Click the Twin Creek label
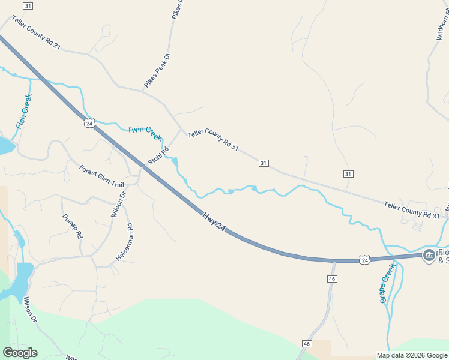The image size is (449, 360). pyautogui.click(x=145, y=133)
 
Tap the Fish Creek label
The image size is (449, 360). pyautogui.click(x=23, y=112)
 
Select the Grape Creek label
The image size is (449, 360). pyautogui.click(x=387, y=283)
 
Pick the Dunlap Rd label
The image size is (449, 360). pyautogui.click(x=71, y=226)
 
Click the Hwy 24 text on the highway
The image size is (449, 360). pyautogui.click(x=214, y=222)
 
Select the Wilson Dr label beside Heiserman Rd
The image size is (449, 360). pyautogui.click(x=118, y=204)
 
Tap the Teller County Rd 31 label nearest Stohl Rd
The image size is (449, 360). pyautogui.click(x=213, y=140)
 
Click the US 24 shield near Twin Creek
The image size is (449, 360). pyautogui.click(x=89, y=123)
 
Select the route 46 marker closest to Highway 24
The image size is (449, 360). pyautogui.click(x=332, y=279)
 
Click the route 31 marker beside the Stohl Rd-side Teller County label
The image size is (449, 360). pyautogui.click(x=264, y=163)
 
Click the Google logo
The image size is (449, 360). pyautogui.click(x=20, y=353)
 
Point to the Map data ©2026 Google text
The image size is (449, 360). pyautogui.click(x=412, y=355)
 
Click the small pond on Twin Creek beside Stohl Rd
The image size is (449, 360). pyautogui.click(x=175, y=162)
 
